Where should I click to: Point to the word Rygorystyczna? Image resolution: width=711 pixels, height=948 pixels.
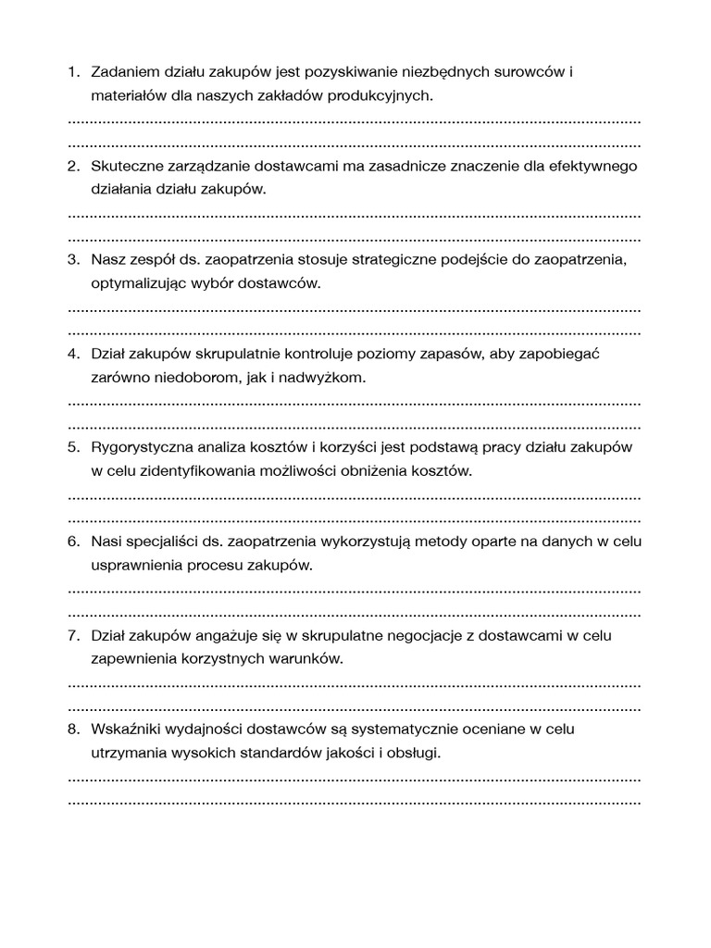139,448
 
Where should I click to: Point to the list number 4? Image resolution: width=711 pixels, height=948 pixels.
73,355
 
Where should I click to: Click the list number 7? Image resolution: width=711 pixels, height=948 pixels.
73,636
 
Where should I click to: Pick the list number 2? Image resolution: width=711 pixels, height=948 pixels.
73,166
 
